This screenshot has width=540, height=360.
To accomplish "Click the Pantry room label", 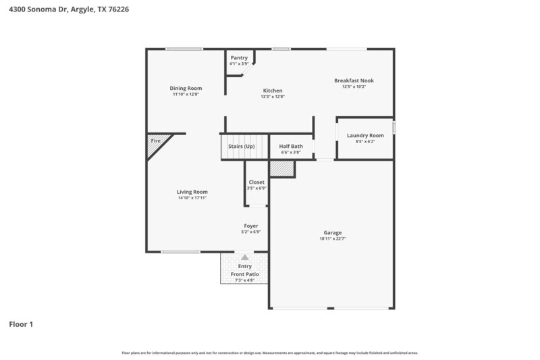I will click(239, 57).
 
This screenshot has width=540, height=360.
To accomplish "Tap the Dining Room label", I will click(186, 88).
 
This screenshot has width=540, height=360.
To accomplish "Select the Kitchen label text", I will click(273, 91).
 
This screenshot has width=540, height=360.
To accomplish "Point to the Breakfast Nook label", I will click(354, 80).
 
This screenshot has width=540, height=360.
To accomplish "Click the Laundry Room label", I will click(365, 135).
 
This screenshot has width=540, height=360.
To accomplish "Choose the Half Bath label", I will click(291, 146).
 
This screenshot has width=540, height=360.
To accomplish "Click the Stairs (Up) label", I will click(241, 146).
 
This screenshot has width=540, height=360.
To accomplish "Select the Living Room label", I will click(192, 192).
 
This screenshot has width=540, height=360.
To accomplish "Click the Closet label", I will click(256, 182).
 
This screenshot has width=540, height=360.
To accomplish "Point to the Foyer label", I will click(251, 226).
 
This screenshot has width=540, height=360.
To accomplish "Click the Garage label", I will click(332, 232).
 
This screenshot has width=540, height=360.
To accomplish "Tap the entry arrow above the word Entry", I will click(244, 257).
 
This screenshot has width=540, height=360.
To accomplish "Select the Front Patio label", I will click(244, 274).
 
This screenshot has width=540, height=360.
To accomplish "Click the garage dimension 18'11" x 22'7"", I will click(332, 238).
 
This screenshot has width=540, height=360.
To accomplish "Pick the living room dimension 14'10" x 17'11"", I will click(192, 198).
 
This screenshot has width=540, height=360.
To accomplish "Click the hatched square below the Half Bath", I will click(281, 168).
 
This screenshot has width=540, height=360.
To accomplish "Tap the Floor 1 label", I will click(21, 324).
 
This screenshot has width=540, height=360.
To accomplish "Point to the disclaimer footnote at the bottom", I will click(270, 353).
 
